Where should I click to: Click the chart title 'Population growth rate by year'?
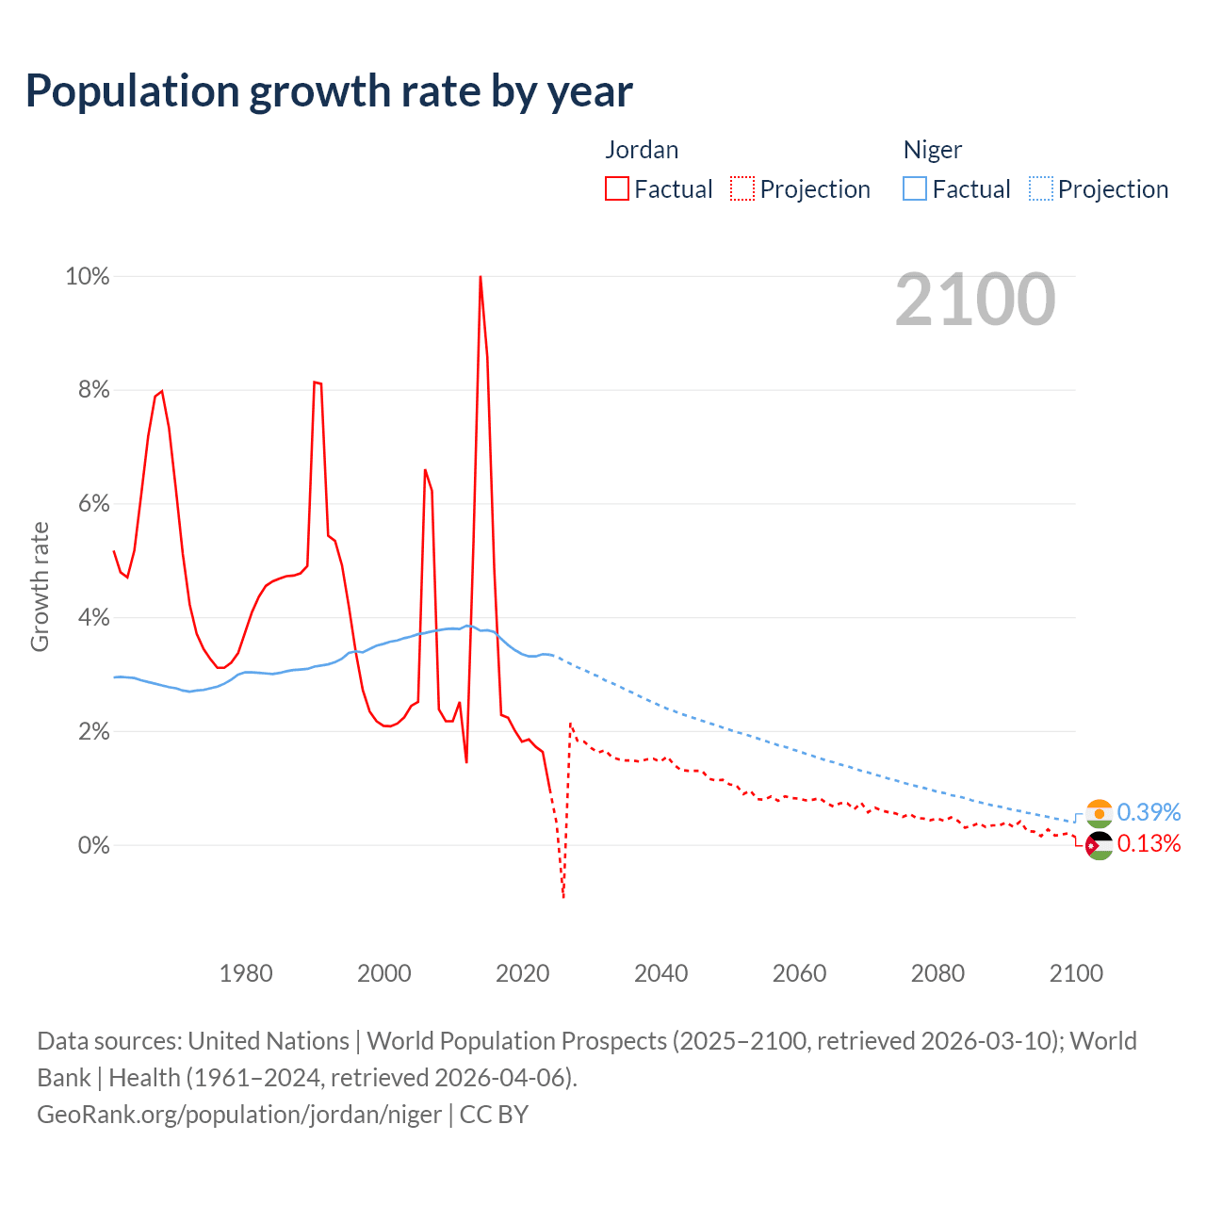(329, 91)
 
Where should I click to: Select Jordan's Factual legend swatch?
(617, 188)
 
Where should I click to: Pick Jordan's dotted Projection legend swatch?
(742, 188)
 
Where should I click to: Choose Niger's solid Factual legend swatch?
(915, 188)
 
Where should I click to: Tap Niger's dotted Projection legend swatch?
(1040, 188)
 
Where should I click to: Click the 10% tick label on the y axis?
(87, 276)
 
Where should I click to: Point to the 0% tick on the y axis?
(92, 845)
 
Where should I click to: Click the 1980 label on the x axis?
(246, 973)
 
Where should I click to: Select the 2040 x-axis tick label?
(661, 973)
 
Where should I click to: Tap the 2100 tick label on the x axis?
(1076, 973)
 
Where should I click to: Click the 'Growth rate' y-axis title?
(40, 586)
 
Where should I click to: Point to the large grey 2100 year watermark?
(975, 300)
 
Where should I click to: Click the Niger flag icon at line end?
(1099, 813)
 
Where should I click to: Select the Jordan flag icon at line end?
(1099, 846)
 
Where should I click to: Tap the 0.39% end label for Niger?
(1149, 812)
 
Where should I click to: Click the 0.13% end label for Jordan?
(1149, 843)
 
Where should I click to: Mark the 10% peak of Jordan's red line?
(481, 277)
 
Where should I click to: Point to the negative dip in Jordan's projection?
(563, 895)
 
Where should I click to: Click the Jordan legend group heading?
(642, 150)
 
